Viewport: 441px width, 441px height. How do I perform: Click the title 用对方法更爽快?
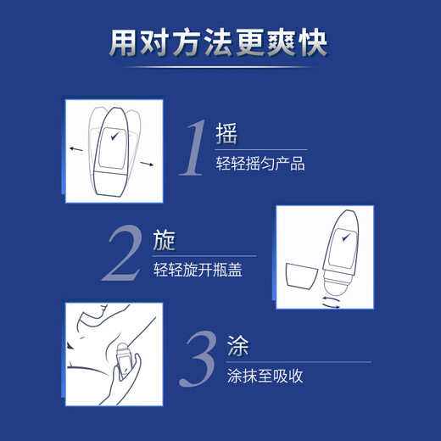click(218, 43)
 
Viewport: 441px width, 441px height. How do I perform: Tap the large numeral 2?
click(123, 253)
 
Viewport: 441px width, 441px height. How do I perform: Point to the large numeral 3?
click(198, 359)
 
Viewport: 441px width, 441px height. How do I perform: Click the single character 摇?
click(226, 134)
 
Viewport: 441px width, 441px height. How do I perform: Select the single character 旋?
click(164, 241)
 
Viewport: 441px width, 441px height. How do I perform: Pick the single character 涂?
click(238, 346)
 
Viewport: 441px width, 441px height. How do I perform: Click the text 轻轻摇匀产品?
click(260, 164)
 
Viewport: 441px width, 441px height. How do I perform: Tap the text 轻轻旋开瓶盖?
click(198, 270)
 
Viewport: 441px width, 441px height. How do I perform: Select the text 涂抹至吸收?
click(265, 376)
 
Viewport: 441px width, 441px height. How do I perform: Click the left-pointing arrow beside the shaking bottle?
click(76, 149)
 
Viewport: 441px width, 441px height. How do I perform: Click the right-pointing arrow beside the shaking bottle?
click(147, 164)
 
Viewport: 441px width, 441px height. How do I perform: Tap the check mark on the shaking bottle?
click(114, 136)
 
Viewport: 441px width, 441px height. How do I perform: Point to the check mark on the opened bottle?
click(346, 237)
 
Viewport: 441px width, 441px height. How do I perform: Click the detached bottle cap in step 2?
click(302, 276)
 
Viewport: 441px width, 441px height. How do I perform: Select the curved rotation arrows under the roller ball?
click(332, 303)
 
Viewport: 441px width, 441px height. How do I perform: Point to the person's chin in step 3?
click(104, 308)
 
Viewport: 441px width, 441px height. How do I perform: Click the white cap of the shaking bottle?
click(109, 182)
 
